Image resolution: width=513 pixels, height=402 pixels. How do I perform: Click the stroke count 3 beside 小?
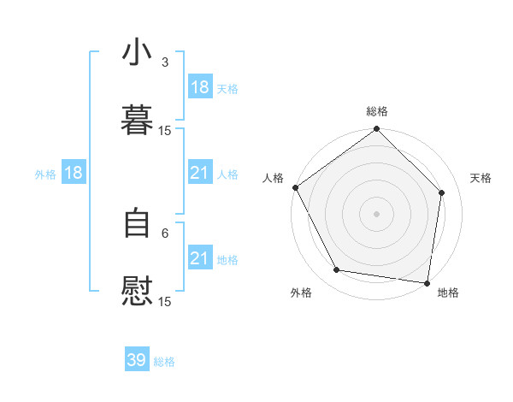point(165,62)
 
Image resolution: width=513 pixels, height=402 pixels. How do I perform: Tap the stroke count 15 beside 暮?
point(165,130)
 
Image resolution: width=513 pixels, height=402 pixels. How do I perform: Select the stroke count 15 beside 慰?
point(165,301)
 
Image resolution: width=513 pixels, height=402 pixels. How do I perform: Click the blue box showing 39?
point(137,360)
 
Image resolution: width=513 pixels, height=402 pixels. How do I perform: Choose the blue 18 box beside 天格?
point(199,87)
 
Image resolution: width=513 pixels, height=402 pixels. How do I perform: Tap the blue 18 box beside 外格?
point(74,173)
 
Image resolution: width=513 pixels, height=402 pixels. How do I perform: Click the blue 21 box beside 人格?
point(199,173)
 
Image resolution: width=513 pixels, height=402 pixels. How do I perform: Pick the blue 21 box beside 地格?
point(199,258)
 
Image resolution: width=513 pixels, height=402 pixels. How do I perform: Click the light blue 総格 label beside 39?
point(164,362)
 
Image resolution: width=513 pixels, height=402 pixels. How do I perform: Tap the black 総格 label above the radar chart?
point(377,111)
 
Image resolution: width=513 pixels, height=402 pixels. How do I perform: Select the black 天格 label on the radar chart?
point(481,178)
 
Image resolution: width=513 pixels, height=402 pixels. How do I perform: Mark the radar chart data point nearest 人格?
point(295,187)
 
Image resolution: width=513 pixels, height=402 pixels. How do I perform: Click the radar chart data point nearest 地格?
point(427,282)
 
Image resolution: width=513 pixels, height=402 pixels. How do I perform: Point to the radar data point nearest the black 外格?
point(337,270)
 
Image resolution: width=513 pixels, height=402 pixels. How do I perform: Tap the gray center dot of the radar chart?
point(377,214)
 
